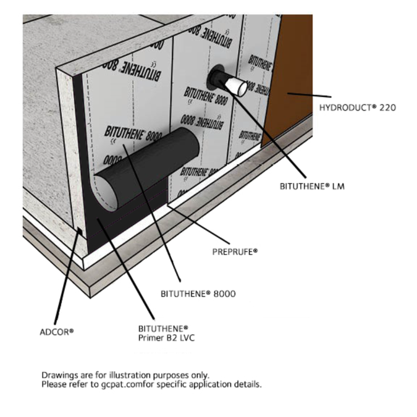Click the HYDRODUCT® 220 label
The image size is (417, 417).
coord(357,107)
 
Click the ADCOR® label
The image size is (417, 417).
coord(56,331)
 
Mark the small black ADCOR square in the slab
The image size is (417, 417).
coord(81,231)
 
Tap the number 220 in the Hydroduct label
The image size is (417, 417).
coord(387,107)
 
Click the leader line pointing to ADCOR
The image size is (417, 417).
coord(68,278)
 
